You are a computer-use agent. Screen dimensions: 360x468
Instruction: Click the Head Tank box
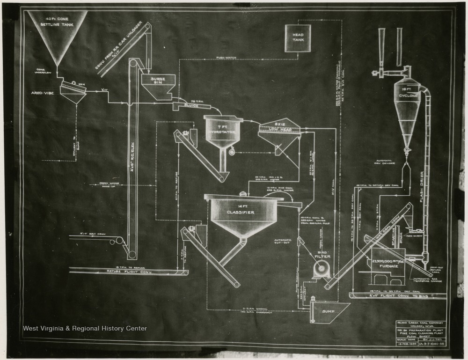point(298,38)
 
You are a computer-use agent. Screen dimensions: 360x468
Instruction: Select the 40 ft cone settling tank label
point(57,21)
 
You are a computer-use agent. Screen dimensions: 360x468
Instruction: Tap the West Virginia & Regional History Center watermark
point(85,329)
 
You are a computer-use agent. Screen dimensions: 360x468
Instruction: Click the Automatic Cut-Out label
point(284,242)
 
